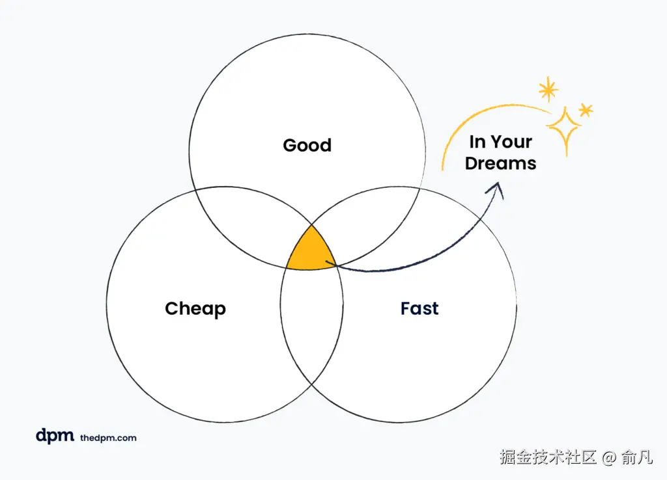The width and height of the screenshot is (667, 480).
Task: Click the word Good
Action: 307,145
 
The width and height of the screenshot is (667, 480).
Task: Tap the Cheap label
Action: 195,308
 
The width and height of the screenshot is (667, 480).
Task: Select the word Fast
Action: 419,308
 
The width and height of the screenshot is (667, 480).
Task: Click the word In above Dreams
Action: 478,142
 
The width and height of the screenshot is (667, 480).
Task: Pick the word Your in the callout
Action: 511,142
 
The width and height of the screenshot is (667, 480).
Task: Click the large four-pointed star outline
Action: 564,128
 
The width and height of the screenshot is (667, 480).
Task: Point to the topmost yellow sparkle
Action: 548,90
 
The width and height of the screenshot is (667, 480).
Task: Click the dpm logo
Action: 55,436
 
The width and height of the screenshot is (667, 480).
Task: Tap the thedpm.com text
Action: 108,438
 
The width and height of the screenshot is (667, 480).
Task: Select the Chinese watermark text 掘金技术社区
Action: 548,457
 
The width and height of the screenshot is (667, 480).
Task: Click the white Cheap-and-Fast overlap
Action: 311,325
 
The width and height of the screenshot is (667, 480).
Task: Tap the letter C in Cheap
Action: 171,308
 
